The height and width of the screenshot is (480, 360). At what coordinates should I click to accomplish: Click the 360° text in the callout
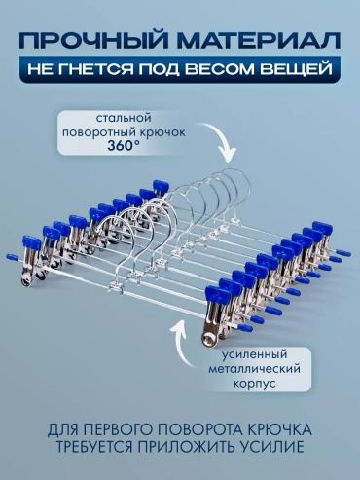(x=121, y=146)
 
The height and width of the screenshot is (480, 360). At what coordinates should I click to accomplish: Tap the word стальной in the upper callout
(x=124, y=118)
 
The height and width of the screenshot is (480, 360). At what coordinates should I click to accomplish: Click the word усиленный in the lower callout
(x=254, y=354)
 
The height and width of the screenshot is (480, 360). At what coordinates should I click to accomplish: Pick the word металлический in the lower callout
(x=254, y=369)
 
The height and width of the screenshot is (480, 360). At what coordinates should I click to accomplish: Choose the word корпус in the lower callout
(x=255, y=384)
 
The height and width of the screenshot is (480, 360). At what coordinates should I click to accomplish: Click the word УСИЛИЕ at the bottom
(x=274, y=447)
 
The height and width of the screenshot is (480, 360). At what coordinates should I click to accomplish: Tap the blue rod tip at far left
(x=12, y=258)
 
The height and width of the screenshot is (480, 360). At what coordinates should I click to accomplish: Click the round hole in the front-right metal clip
(x=208, y=339)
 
